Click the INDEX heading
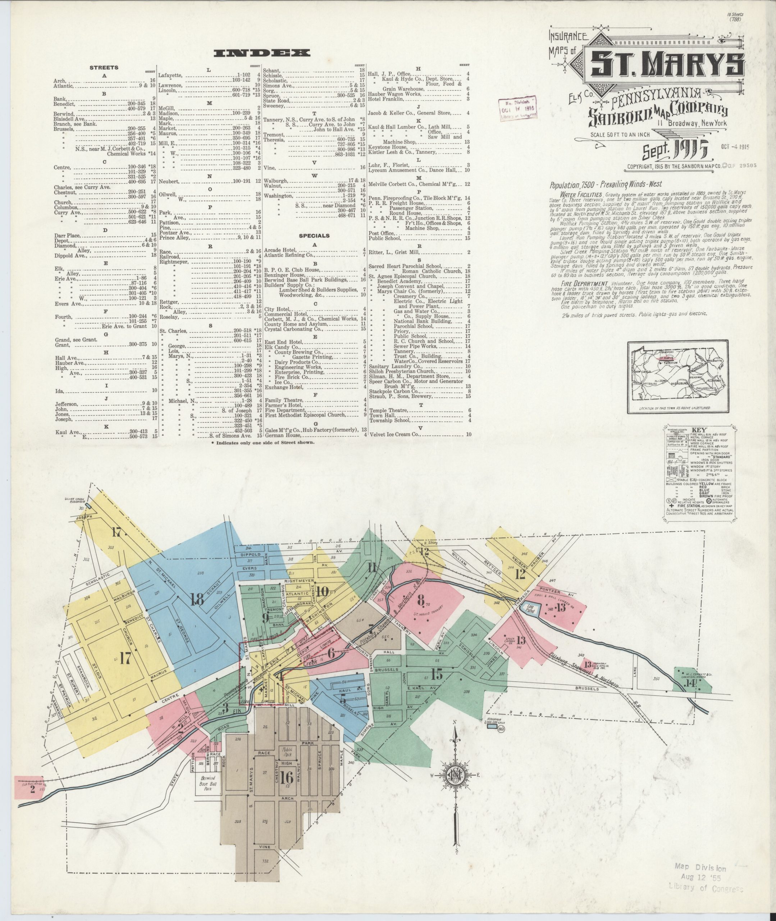(x=261, y=53)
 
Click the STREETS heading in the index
(x=104, y=68)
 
